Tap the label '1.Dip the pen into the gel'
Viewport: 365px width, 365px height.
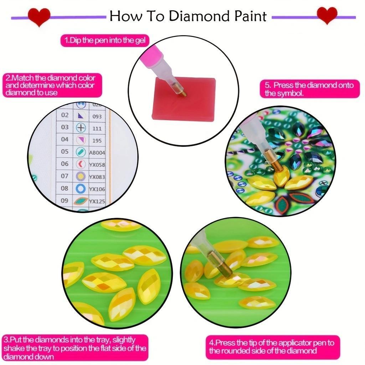coord(105,40)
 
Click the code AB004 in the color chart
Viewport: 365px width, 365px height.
coord(97,153)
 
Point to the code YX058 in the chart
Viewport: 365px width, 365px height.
coord(97,165)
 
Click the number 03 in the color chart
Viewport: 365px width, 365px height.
coord(65,127)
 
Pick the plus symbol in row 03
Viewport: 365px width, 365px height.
coord(81,128)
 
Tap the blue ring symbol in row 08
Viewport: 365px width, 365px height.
coord(81,188)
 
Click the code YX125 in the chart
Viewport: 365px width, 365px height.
coord(97,201)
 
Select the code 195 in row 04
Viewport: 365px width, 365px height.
coord(97,140)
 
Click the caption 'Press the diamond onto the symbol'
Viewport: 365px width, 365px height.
coord(309,89)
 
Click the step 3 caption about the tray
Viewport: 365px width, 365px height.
coord(74,348)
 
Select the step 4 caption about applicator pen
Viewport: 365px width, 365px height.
coord(273,347)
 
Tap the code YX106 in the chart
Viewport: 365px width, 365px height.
coord(97,189)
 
